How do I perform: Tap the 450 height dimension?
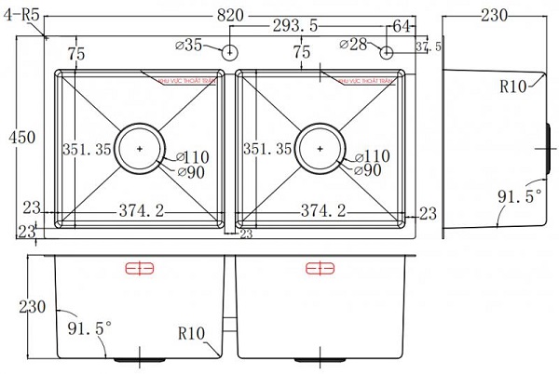(20, 138)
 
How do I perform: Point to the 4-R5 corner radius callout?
(20, 14)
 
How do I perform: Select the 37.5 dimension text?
(427, 47)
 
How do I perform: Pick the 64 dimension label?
(403, 26)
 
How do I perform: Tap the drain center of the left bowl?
(139, 148)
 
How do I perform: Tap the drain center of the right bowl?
(320, 148)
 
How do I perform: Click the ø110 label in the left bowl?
(192, 156)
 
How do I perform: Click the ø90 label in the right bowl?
(368, 169)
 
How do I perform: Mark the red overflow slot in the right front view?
(320, 270)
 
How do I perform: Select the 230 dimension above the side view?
(500, 14)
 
